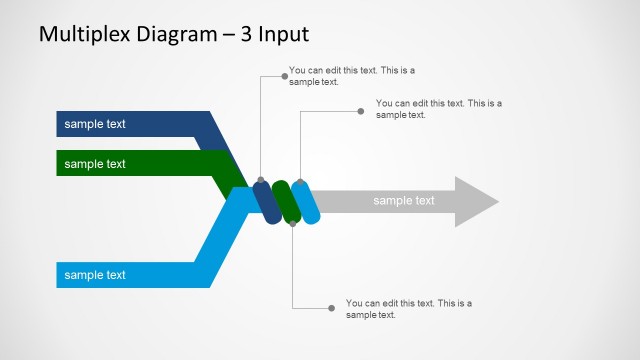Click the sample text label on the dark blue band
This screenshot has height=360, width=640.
click(x=95, y=125)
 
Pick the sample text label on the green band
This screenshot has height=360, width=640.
click(x=95, y=163)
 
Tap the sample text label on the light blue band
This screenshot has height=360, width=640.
click(x=95, y=274)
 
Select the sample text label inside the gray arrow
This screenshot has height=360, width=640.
click(x=404, y=201)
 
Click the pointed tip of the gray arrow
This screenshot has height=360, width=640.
click(x=496, y=202)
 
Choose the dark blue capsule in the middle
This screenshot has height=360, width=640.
click(x=266, y=202)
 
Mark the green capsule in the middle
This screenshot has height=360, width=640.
click(x=286, y=202)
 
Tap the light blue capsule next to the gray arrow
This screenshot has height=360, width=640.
click(x=306, y=202)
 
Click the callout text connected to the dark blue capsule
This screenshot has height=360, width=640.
click(x=351, y=76)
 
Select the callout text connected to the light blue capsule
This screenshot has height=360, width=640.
click(x=438, y=108)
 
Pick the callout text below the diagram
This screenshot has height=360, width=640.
click(x=408, y=309)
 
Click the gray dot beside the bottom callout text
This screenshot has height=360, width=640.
click(x=332, y=308)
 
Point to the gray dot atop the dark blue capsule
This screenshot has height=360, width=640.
click(x=261, y=181)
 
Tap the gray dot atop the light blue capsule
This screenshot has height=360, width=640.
click(x=300, y=183)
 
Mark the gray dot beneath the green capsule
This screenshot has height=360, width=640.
click(x=292, y=223)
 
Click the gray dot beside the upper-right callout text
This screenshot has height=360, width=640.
click(x=361, y=111)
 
